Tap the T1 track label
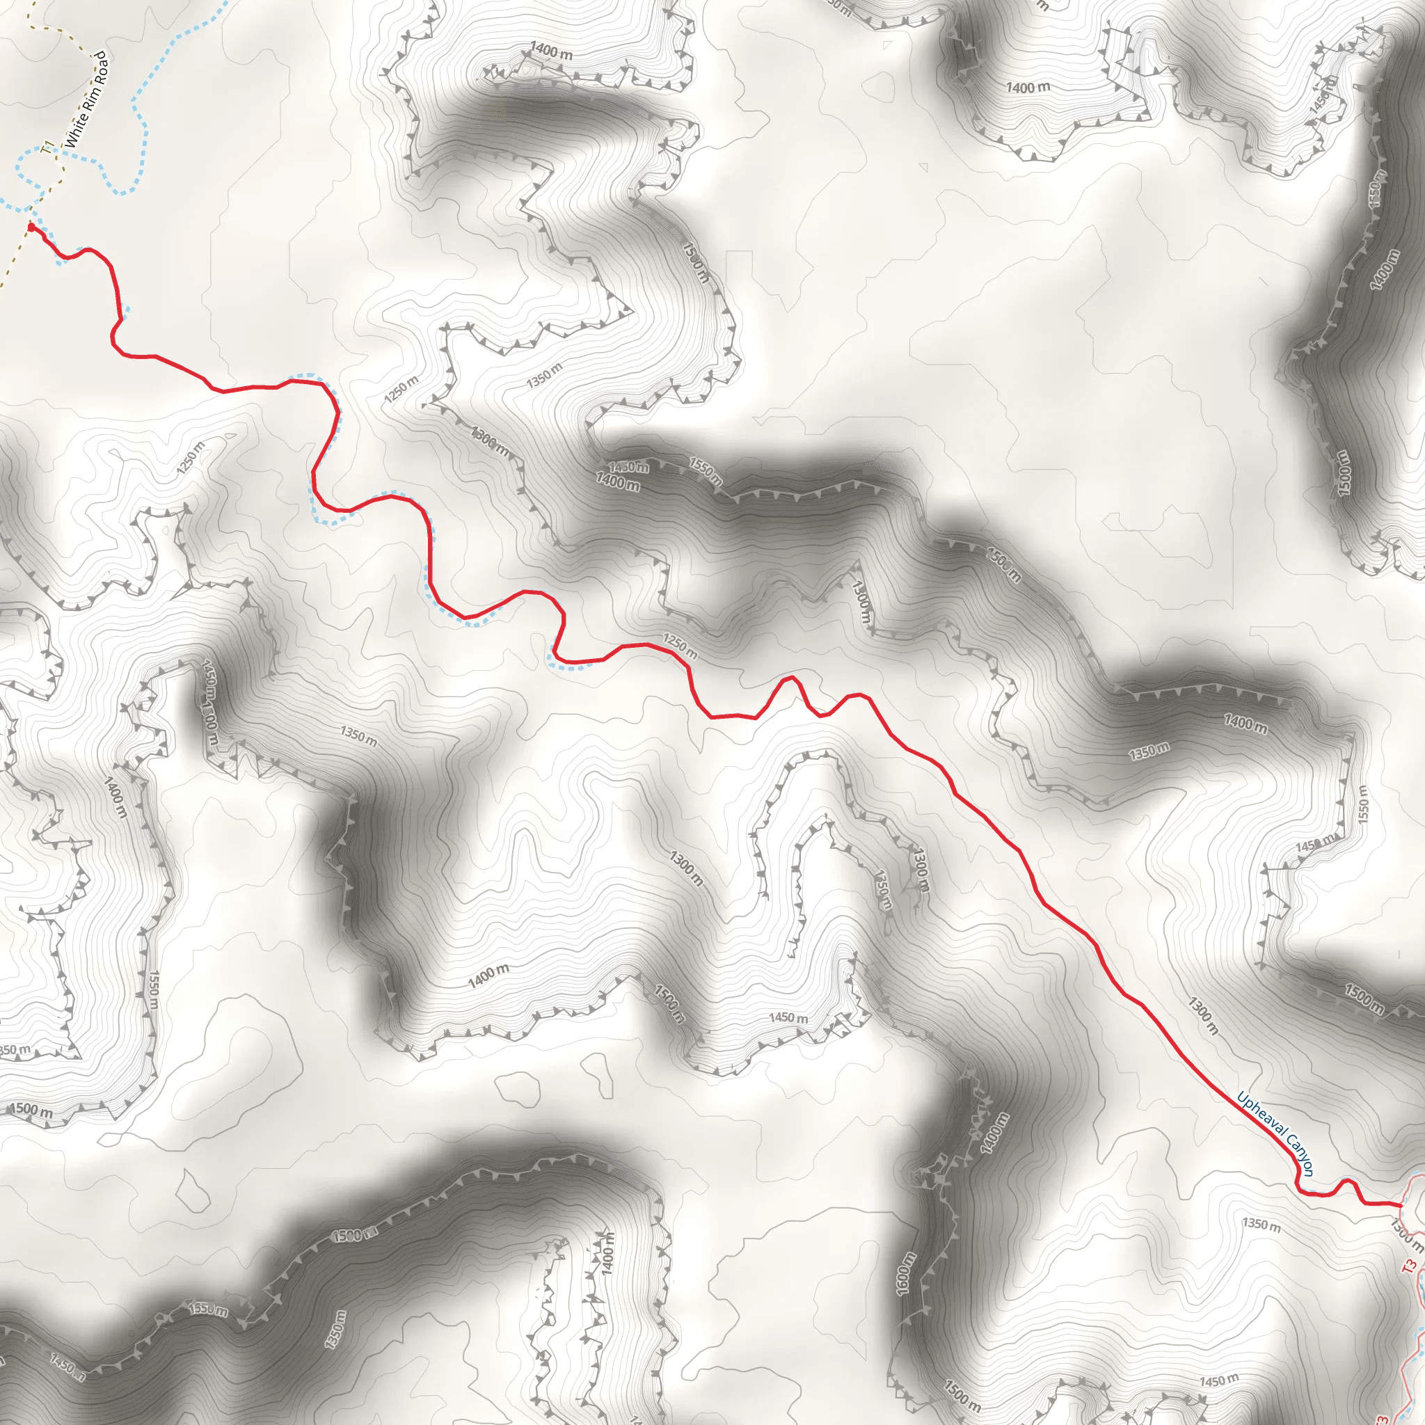click(x=48, y=149)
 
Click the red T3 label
click(x=1410, y=1267)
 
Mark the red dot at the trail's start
click(x=30, y=226)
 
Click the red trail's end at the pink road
click(x=1399, y=1204)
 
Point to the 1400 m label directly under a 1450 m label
click(x=618, y=484)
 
